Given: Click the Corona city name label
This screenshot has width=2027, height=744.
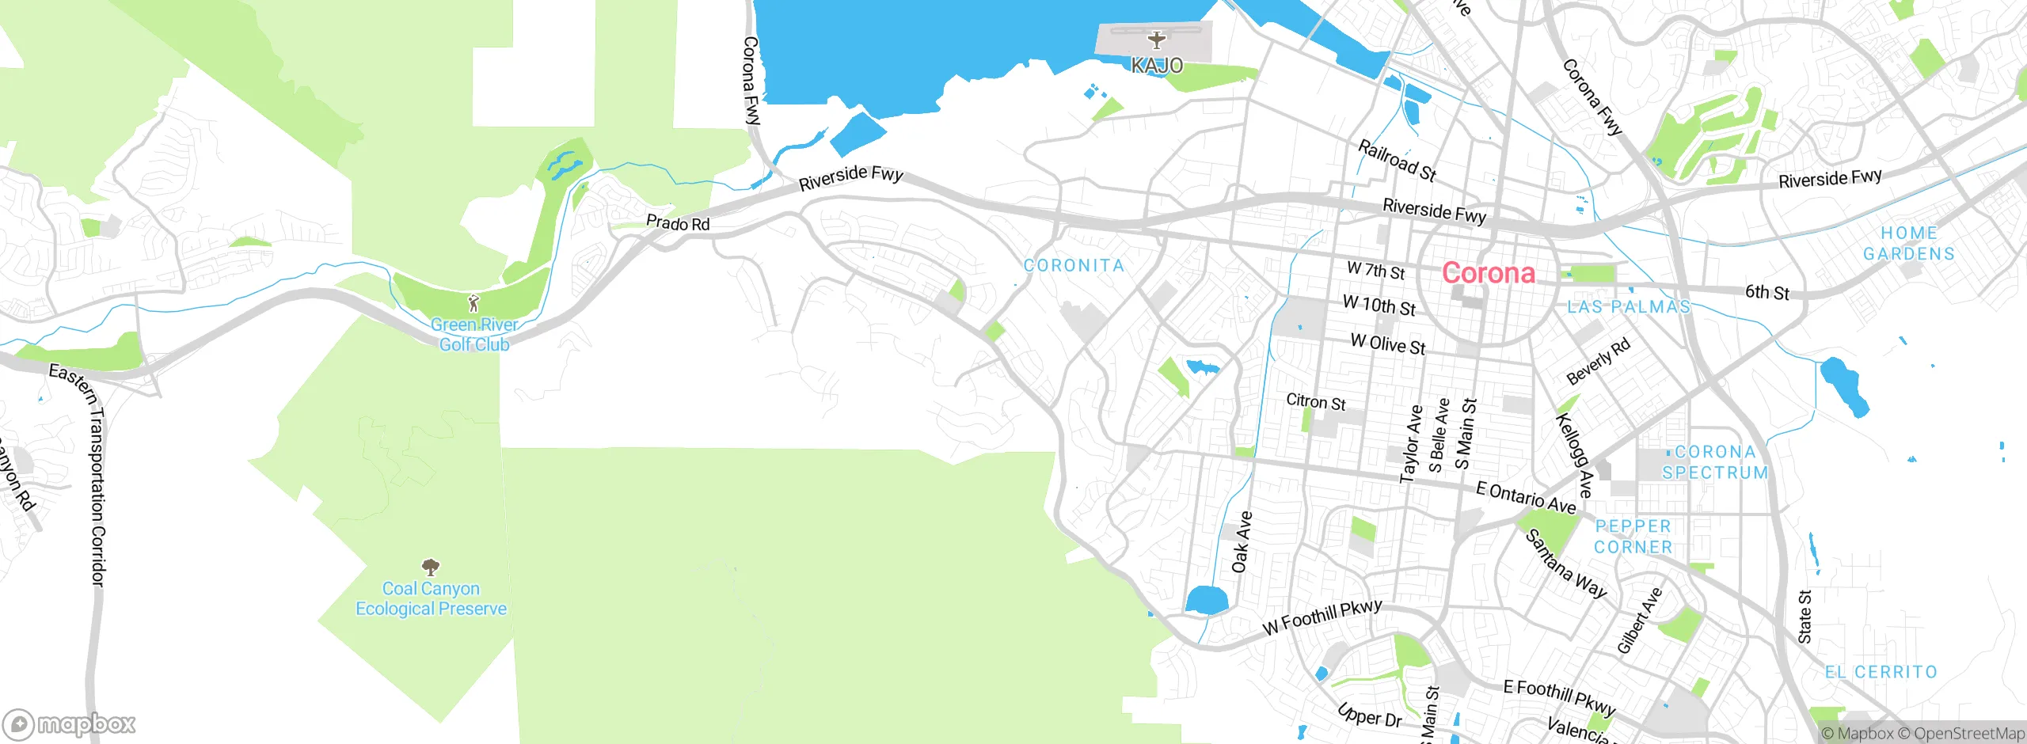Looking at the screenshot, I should coord(1488,273).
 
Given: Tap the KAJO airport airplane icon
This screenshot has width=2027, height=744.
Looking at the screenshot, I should coord(1157,40).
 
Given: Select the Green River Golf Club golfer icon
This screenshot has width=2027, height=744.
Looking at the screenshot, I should coord(473,303).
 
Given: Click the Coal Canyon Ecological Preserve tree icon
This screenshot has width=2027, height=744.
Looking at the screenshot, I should coord(431,567).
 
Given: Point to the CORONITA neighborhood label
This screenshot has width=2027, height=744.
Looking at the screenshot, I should coord(1074,266).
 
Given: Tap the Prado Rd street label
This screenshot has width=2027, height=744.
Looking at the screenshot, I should coord(678,223).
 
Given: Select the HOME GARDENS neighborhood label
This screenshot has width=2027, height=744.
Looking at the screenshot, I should coord(1908,244).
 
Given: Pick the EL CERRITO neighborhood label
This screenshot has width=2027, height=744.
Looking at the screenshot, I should coord(1881,672).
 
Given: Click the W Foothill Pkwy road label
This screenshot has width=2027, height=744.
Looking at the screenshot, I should coord(1322,617).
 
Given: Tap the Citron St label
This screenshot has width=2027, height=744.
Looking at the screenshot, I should coord(1315,402).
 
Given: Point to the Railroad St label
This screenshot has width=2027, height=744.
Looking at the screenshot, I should coord(1397,161).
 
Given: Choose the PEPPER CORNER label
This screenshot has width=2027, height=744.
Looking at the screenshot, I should coord(1633,537).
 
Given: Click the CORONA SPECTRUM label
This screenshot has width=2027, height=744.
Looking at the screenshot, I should coord(1715,462).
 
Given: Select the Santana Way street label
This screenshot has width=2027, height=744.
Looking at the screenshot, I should coord(1565,564).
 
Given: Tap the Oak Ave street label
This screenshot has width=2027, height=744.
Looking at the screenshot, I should coord(1242,542).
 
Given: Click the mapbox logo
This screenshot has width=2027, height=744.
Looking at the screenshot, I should coord(70,723).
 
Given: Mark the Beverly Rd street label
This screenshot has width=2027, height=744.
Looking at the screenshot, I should coord(1599,361).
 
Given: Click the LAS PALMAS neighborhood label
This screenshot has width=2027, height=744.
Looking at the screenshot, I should coord(1629,307).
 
